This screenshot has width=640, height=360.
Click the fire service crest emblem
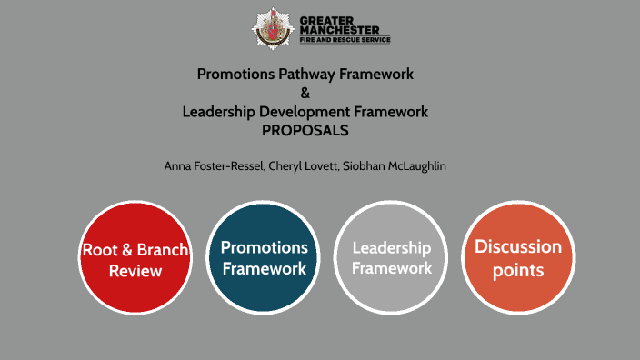pyautogui.click(x=270, y=28)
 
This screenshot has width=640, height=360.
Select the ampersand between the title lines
pyautogui.click(x=305, y=93)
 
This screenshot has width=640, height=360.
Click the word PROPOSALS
pyautogui.click(x=305, y=130)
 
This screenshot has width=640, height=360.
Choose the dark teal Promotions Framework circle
pyautogui.click(x=265, y=257)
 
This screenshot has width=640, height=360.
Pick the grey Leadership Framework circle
pyautogui.click(x=392, y=257)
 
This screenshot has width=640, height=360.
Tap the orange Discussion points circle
pyautogui.click(x=518, y=257)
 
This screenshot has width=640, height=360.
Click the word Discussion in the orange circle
pyautogui.click(x=518, y=246)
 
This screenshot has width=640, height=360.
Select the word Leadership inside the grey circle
pyautogui.click(x=392, y=248)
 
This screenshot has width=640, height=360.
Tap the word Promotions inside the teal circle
pyautogui.click(x=265, y=247)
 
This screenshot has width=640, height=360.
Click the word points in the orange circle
pyautogui.click(x=518, y=269)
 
